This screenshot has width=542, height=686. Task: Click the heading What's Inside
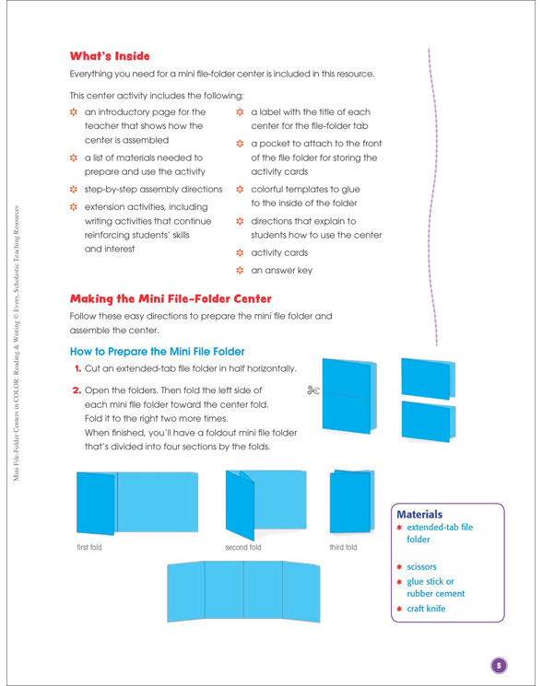[x=110, y=56]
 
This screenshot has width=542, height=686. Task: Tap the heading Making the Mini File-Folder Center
[x=171, y=299]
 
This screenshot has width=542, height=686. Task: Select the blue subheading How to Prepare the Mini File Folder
[x=158, y=352]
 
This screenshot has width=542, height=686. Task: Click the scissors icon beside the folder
[x=313, y=390]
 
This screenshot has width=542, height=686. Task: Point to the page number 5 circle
[x=499, y=666]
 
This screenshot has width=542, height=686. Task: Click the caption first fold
[x=89, y=547]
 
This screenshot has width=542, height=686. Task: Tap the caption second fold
[x=243, y=547]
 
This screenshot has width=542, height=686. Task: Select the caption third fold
[x=343, y=547]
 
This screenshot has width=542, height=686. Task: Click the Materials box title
[x=419, y=514]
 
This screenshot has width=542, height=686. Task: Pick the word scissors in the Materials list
[x=421, y=566]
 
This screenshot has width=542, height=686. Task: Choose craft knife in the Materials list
[x=426, y=609]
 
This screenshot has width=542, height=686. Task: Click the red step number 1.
[x=78, y=368]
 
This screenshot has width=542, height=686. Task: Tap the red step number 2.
[x=77, y=390]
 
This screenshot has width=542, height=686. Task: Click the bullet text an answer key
[x=281, y=271]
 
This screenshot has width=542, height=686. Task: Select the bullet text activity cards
[x=279, y=252]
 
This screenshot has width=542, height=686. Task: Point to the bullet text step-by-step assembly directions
[x=153, y=190]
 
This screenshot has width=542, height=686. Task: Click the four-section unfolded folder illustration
[x=243, y=591]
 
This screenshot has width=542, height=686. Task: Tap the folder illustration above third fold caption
[x=352, y=501]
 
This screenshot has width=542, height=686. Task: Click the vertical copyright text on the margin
[x=17, y=343]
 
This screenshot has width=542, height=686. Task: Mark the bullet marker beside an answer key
[x=240, y=271]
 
